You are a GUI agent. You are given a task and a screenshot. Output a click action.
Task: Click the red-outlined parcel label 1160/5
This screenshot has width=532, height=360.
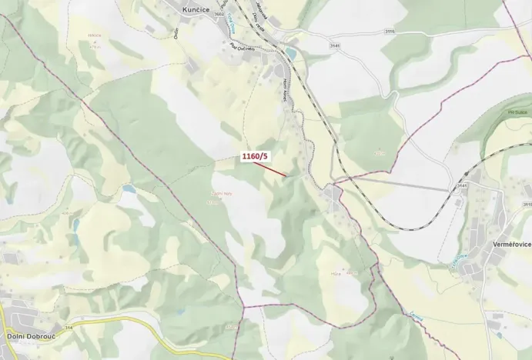255,157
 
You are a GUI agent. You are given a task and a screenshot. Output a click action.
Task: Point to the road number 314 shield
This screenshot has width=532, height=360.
69,327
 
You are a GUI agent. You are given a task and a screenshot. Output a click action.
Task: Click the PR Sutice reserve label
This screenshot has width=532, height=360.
495,112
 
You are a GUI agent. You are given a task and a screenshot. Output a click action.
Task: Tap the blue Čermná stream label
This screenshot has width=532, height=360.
416,316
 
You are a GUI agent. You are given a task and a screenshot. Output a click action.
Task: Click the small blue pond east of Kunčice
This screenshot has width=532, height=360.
290,53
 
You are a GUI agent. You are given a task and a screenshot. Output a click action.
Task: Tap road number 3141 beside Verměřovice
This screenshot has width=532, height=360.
463,186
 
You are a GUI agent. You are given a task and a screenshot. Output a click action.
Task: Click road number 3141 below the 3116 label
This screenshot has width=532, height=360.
334,46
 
